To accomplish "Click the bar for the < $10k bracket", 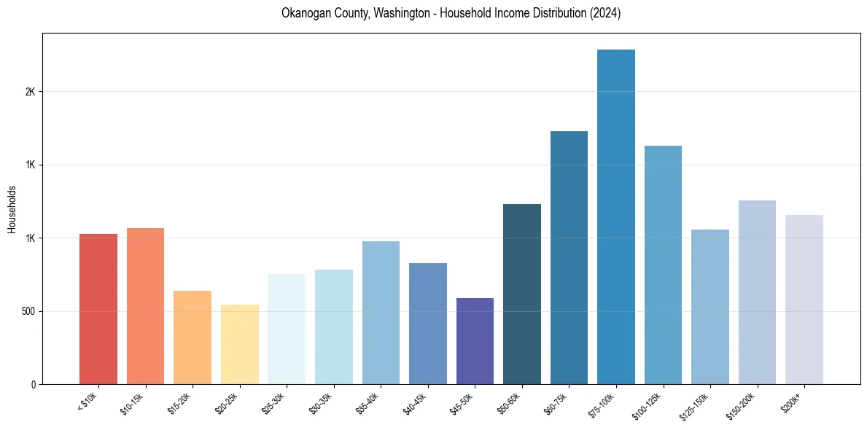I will (98, 309).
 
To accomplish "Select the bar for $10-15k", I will (145, 306).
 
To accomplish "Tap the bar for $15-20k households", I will (193, 337).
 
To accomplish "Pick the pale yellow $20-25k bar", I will (239, 344).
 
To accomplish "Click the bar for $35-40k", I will (381, 313).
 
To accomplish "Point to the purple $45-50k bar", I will (475, 341).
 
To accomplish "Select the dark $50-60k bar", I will (522, 294).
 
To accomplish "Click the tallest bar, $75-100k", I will (616, 216).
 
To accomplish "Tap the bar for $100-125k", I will (663, 265).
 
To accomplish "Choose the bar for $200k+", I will (804, 300).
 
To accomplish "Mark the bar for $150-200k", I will (757, 292).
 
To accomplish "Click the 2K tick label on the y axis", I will (30, 92).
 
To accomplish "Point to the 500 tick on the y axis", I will (28, 311).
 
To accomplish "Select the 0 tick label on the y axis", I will (33, 384).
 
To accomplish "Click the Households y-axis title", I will (12, 209).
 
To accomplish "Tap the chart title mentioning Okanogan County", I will (451, 13).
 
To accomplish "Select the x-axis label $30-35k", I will (320, 402).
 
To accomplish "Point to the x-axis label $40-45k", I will (414, 402).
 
